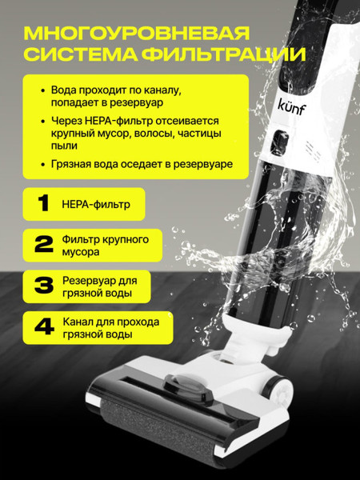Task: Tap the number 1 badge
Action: coord(38,204)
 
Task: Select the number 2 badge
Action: coord(38,245)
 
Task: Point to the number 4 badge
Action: coord(38,329)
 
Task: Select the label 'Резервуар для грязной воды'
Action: coord(98,287)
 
